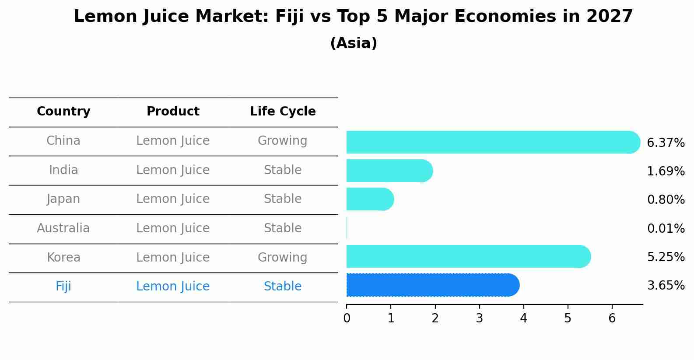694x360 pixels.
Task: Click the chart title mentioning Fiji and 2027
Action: (353, 17)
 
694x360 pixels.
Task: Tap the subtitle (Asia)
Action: (353, 43)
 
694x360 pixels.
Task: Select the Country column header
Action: (63, 112)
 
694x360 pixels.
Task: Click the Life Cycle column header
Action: (283, 112)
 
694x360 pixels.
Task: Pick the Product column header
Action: (173, 112)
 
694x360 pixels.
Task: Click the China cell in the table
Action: (63, 141)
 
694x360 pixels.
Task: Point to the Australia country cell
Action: (63, 228)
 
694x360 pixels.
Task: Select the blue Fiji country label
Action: (63, 287)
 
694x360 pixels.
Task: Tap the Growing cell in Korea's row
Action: (283, 257)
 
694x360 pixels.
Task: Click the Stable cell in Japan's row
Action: (283, 199)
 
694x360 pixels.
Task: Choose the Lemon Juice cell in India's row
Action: (173, 170)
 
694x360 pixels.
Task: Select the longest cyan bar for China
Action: (490, 142)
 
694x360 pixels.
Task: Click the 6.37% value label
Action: (666, 143)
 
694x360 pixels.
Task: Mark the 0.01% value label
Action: (666, 228)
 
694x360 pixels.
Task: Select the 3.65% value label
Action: (666, 286)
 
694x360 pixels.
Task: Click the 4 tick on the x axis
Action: (523, 318)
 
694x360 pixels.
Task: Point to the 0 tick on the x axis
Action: (347, 318)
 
